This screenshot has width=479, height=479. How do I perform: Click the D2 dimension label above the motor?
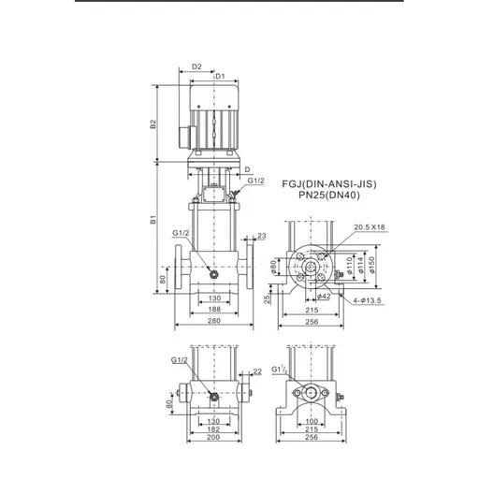pyautogui.click(x=196, y=66)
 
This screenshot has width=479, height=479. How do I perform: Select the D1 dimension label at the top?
pyautogui.click(x=221, y=75)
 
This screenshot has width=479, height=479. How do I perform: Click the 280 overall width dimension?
pyautogui.click(x=214, y=322)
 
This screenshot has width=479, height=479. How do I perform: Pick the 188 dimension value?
pyautogui.click(x=214, y=308)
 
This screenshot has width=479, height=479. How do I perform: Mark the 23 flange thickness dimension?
pyautogui.click(x=262, y=236)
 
